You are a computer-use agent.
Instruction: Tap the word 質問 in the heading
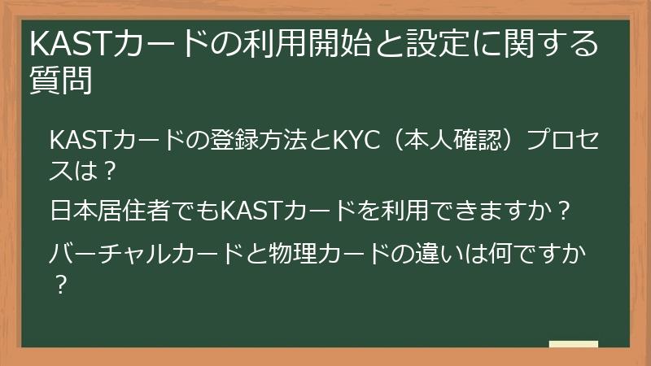point(60,81)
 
